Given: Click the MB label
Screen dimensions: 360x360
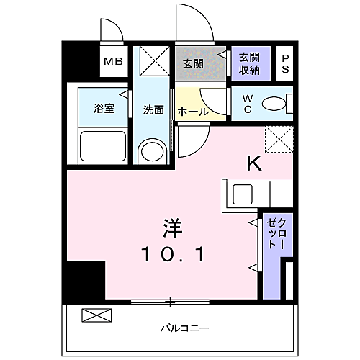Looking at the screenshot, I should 113,62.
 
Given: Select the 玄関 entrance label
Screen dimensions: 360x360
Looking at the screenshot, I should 193,63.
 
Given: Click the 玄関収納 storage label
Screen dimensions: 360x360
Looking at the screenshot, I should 250,63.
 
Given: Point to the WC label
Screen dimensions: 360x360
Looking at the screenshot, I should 246,104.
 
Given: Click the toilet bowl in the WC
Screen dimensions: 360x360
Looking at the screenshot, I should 274,104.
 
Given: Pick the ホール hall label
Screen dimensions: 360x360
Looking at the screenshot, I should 192,112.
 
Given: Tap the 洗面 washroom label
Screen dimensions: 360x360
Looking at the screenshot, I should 153,110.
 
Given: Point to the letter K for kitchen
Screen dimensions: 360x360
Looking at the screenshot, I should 253,164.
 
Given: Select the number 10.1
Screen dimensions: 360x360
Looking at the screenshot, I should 174,254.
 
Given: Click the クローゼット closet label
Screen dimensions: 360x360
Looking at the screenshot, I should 276,233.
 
